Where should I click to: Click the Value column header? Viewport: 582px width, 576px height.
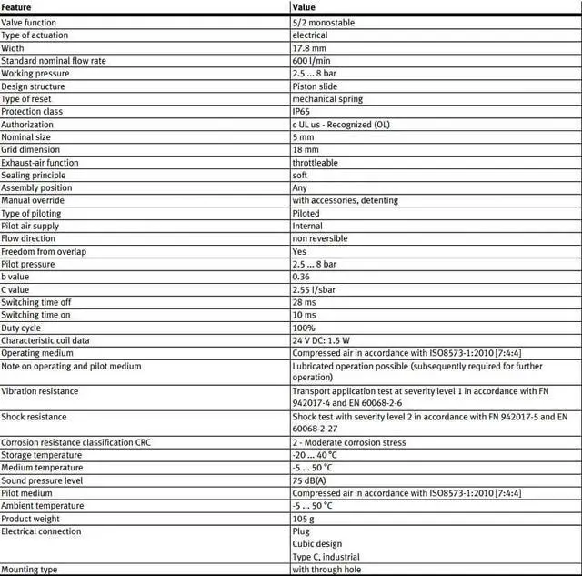coord(304,7)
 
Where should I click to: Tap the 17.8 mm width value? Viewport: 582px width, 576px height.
coord(307,47)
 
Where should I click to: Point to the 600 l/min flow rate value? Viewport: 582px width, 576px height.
coord(312,60)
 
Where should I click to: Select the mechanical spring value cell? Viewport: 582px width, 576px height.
coord(327,98)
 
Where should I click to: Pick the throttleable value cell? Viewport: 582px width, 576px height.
coord(315,162)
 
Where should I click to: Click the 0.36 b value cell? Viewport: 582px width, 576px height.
coord(301,277)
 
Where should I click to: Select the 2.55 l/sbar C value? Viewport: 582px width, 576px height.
coord(313,289)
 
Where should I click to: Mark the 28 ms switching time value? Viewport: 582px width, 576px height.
coord(304,302)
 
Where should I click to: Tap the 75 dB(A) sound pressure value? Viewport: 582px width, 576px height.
coord(309,480)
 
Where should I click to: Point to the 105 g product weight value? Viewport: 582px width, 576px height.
coord(303,519)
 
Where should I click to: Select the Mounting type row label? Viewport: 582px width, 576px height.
coord(29,570)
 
